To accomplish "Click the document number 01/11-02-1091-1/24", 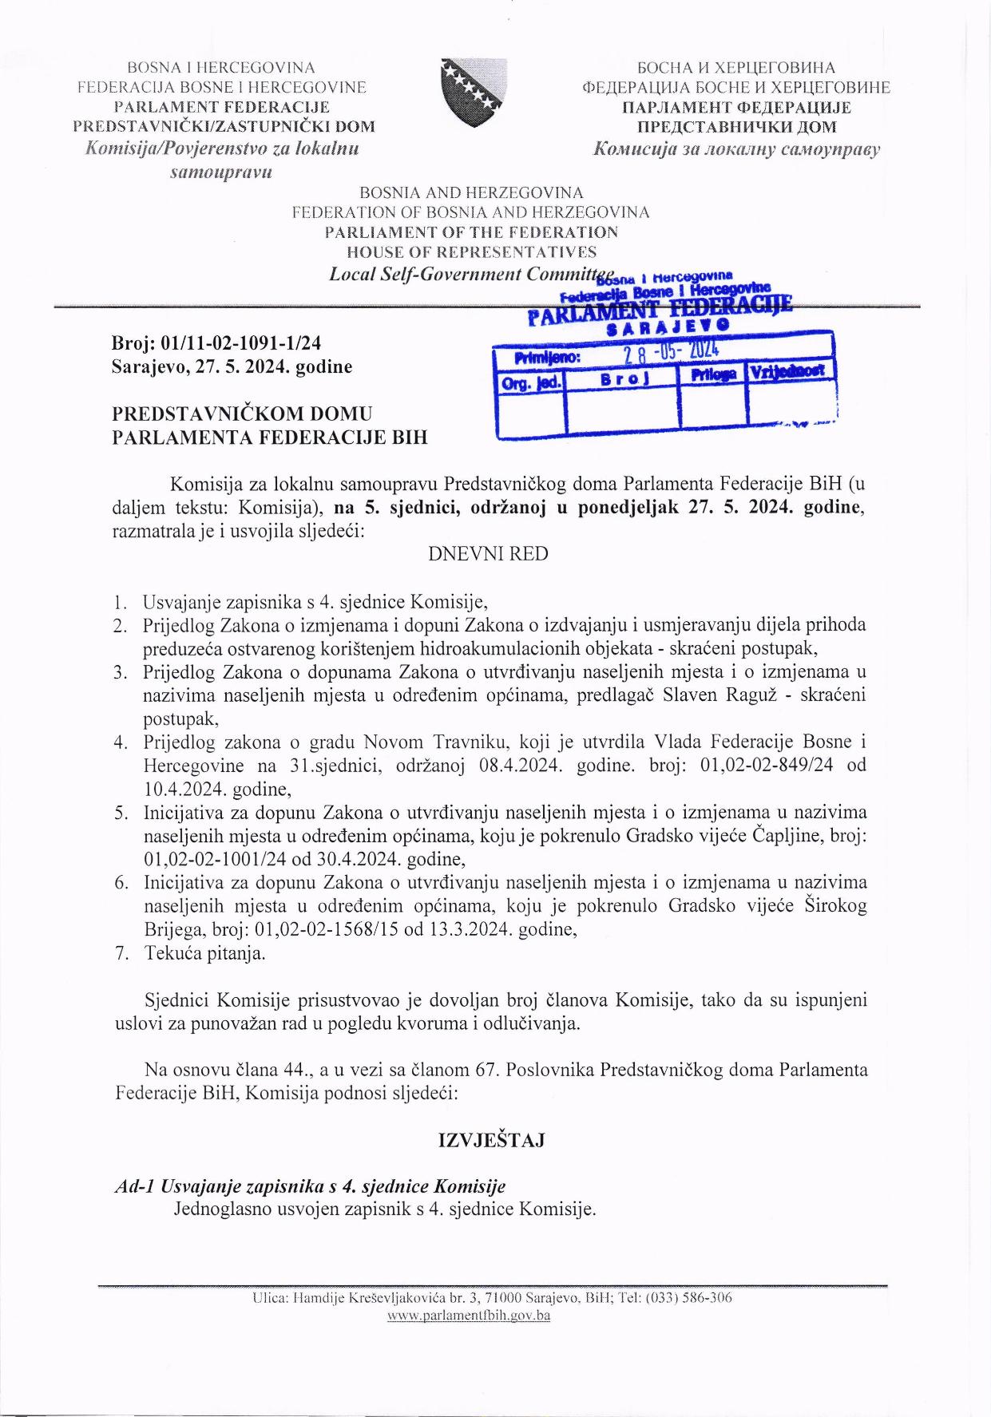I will [x=241, y=343].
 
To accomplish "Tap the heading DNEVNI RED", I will [x=488, y=554].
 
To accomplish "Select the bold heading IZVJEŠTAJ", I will [x=492, y=1140].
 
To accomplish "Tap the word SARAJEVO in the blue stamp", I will [x=668, y=327].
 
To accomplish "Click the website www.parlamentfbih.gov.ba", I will [x=469, y=1316].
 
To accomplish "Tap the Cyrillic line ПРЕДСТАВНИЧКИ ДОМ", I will [x=736, y=127].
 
